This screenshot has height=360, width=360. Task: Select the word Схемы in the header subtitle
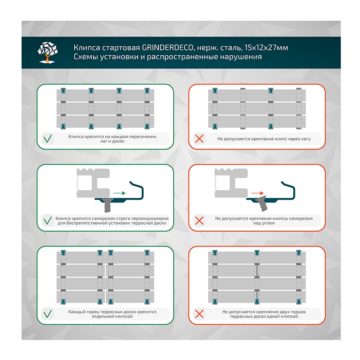(85, 57)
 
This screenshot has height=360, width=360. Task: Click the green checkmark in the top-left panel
(47, 139)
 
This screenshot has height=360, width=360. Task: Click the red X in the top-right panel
(198, 139)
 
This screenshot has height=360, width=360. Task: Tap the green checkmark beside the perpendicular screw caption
(47, 220)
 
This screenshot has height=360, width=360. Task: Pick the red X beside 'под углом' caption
(198, 220)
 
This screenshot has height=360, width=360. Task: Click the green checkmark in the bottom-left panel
(47, 314)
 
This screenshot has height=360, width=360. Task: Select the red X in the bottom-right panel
(198, 314)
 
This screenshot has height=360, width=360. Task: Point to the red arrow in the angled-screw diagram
(257, 193)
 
